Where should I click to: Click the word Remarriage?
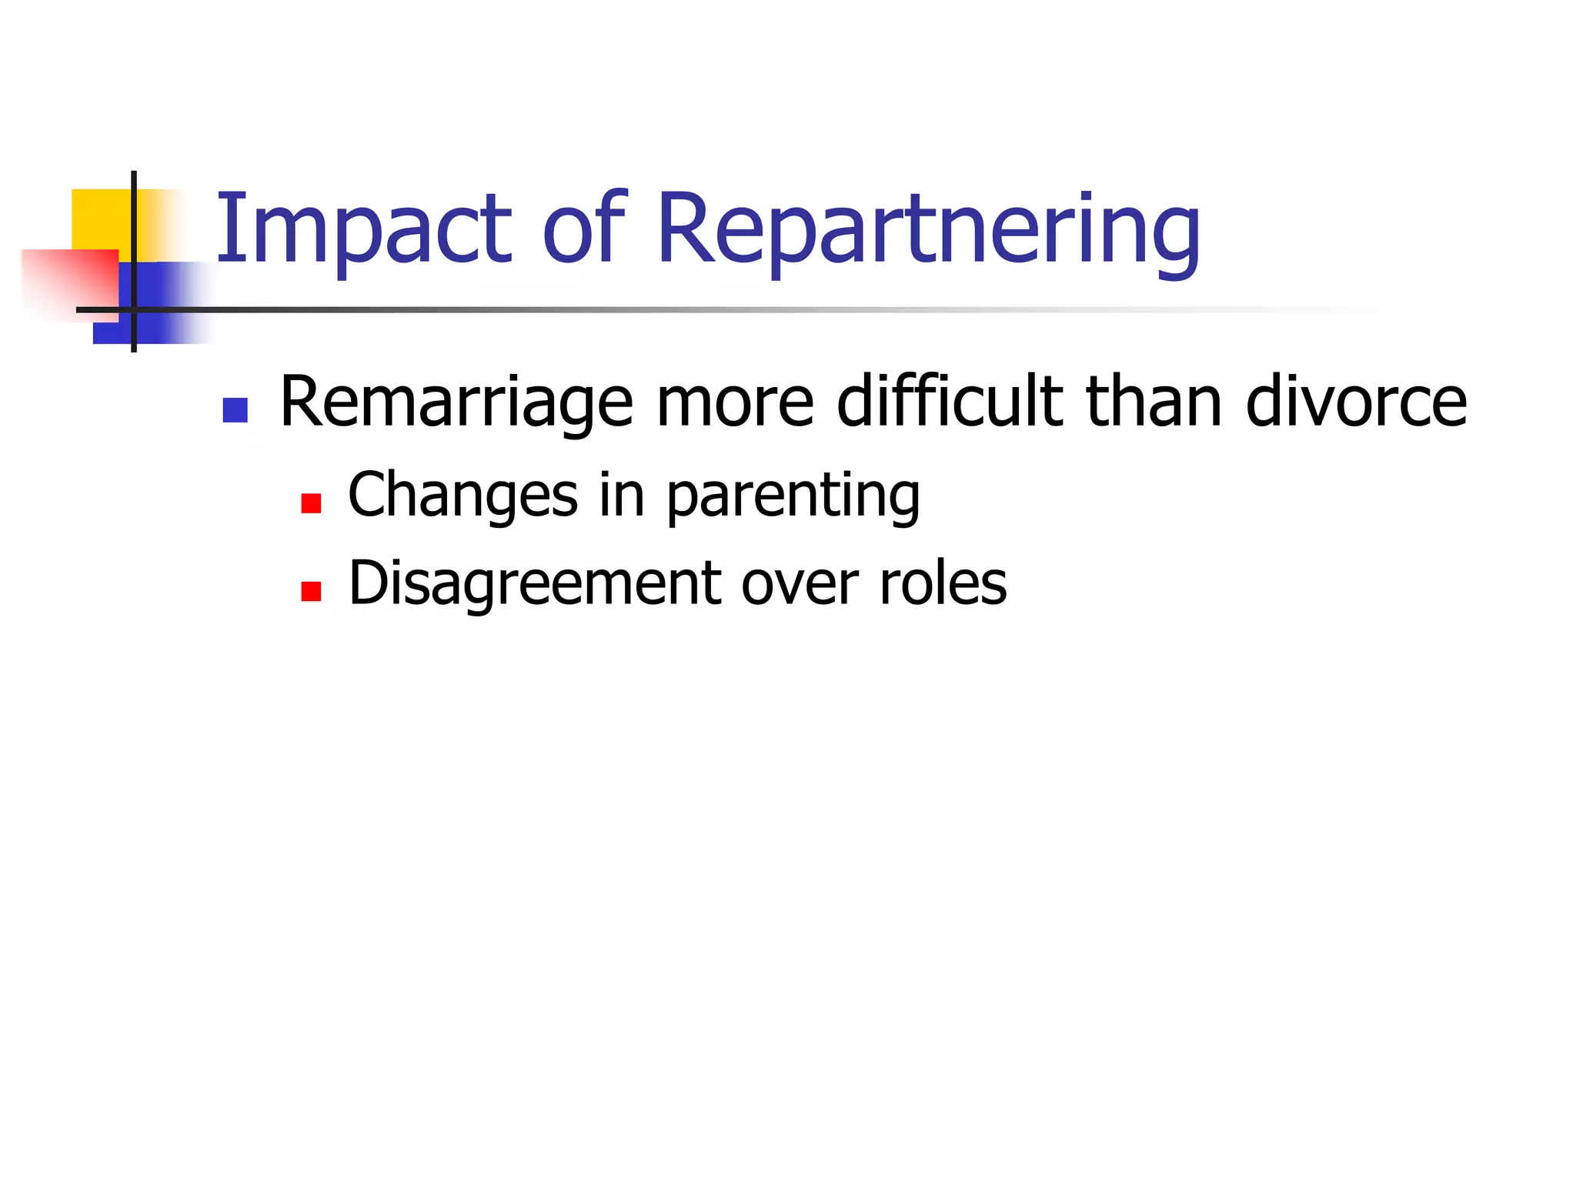[x=456, y=403]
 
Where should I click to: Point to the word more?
[x=735, y=403]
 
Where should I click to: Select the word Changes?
[x=462, y=496]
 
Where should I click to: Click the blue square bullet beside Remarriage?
[x=235, y=410]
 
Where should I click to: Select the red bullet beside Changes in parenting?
[x=311, y=503]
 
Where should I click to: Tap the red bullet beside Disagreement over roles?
[x=311, y=591]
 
